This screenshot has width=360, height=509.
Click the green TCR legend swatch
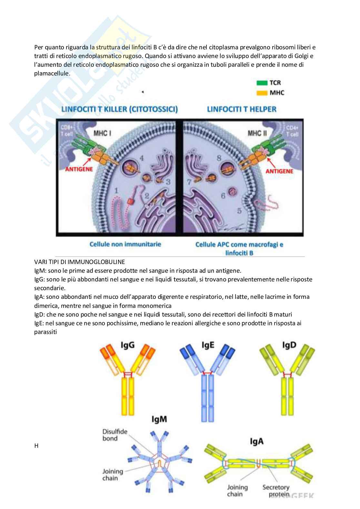tap(262, 83)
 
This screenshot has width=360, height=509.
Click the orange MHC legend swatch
tap(262, 93)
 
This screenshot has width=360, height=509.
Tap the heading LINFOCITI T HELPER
tap(242, 109)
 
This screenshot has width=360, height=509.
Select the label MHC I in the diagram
tap(102, 133)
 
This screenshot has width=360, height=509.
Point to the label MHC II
tap(257, 133)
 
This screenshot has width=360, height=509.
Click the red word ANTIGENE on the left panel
tap(79, 169)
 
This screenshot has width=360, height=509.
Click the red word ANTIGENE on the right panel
tap(279, 171)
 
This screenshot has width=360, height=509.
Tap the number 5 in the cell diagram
tap(239, 211)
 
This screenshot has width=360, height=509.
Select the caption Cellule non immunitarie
tap(125, 244)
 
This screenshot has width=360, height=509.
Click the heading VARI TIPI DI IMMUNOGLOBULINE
tap(80, 262)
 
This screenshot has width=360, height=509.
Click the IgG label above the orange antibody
tap(127, 345)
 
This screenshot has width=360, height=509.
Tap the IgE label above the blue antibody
tap(208, 345)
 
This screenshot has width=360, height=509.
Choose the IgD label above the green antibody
tap(289, 345)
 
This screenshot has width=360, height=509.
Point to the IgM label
tap(159, 419)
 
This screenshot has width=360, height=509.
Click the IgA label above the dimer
tap(256, 441)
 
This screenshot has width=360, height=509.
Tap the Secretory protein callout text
tap(275, 491)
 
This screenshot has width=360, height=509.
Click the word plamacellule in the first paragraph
tap(52, 73)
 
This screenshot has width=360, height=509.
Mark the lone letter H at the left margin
tap(36, 446)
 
